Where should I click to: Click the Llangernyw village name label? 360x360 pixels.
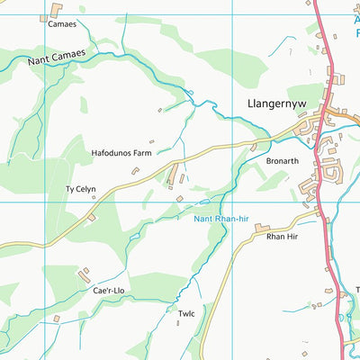click(276, 104)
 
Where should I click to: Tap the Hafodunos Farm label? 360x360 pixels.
click(121, 154)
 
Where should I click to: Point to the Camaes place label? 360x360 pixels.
click(62, 24)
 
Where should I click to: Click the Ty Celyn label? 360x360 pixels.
click(80, 190)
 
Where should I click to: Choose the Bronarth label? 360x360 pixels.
click(283, 159)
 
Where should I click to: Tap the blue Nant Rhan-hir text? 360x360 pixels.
click(220, 217)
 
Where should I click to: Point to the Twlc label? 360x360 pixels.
click(186, 313)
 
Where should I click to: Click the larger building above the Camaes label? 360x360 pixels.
click(57, 10)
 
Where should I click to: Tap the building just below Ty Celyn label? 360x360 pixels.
click(91, 216)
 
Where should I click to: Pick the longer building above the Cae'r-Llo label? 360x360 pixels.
click(85, 274)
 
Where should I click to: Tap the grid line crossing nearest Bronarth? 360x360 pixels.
click(233, 202)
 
